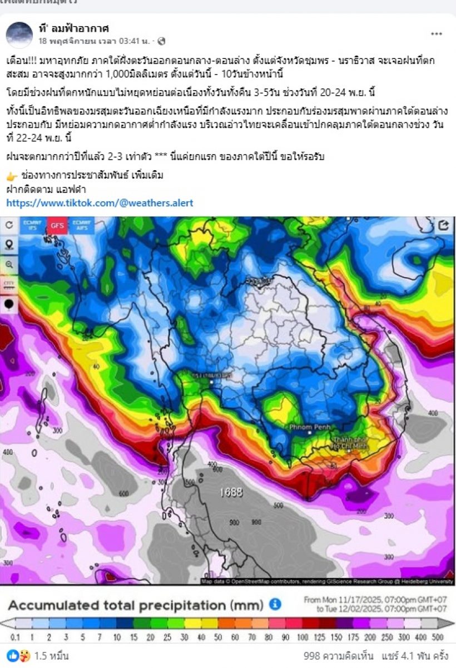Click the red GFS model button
(x=56, y=225)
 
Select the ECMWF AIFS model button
(x=82, y=225)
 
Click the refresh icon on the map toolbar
(x=9, y=225)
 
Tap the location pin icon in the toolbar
(x=9, y=245)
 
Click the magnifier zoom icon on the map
(x=9, y=264)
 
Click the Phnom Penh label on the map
(x=310, y=427)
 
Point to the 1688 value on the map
(x=231, y=492)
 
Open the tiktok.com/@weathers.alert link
(x=100, y=203)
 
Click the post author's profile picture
(x=19, y=34)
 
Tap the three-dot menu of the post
(x=437, y=34)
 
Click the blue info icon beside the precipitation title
(x=275, y=604)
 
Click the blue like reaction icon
(x=12, y=656)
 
